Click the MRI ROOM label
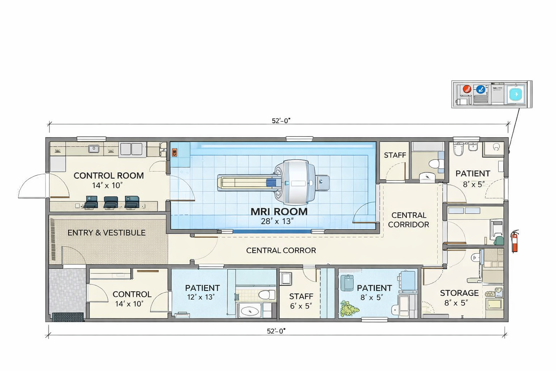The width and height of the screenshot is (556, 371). coord(279,212)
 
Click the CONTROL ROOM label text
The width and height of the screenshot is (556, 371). coord(109,176)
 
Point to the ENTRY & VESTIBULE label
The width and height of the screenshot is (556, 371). coord(106,233)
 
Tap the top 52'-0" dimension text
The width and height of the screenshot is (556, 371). coord(281,121)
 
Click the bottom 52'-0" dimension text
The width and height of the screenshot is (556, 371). coord(276,331)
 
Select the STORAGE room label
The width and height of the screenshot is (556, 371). coord(459,293)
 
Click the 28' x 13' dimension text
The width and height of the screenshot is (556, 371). coord(277,221)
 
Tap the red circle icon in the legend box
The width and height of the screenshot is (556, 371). coord(467,89)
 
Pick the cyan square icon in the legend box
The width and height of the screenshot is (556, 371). coord(515,94)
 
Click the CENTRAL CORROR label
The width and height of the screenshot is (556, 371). coord(281,250)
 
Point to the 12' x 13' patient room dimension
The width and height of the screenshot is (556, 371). coord(201,297)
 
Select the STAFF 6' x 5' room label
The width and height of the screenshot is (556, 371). coord(301,296)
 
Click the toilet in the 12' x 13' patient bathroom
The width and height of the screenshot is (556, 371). coord(267,294)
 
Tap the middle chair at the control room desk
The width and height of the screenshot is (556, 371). coord(111,202)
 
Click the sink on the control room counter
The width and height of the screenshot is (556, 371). coord(94,148)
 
